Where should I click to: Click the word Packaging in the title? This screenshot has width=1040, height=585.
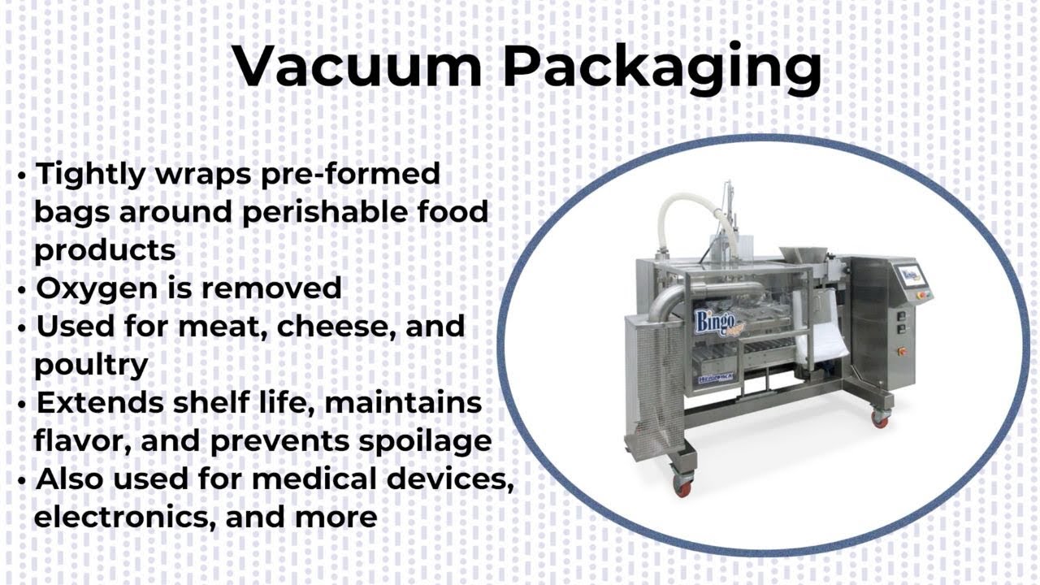click(662, 69)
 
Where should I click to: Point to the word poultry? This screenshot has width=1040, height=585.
click(90, 366)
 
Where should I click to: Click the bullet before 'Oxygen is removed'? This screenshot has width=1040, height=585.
click(22, 290)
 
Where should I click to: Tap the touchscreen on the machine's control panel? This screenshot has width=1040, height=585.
click(911, 275)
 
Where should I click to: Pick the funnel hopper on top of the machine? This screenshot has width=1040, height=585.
click(803, 258)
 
